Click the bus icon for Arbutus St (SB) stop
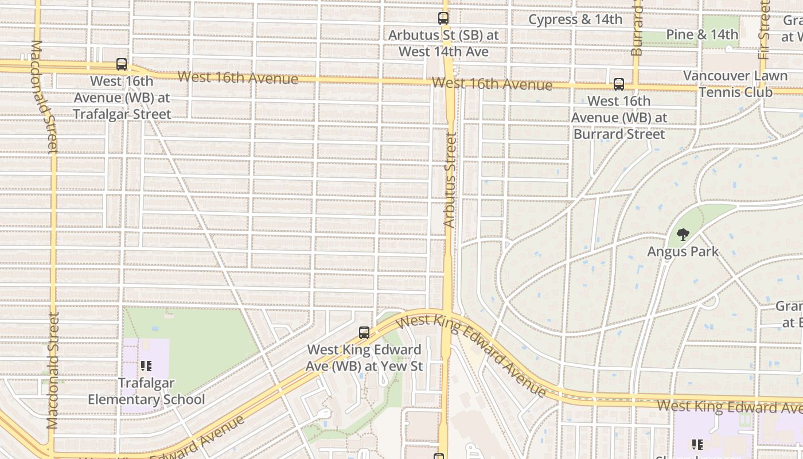pos(443,18)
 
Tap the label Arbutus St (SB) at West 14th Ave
pos(443,44)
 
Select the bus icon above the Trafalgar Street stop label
pos(122,64)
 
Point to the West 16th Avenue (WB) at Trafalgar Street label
pos(122,98)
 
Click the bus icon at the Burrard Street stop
pos(619,84)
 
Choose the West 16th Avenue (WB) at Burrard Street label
pos(619,118)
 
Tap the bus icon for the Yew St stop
pos(364,333)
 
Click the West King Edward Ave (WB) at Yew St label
pos(364,357)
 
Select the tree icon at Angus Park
pos(683,235)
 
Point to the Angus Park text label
pos(683,251)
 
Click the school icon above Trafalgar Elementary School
pos(146,365)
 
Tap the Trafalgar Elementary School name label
pos(146,391)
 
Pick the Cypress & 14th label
pos(575,20)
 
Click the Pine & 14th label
pos(702,34)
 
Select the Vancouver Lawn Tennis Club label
pos(735,84)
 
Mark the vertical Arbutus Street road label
pos(451,180)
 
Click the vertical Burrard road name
pos(637,29)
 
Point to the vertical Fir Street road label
pos(763,30)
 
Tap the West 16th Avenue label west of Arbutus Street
pos(237,77)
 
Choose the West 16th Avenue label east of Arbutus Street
pos(492,84)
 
